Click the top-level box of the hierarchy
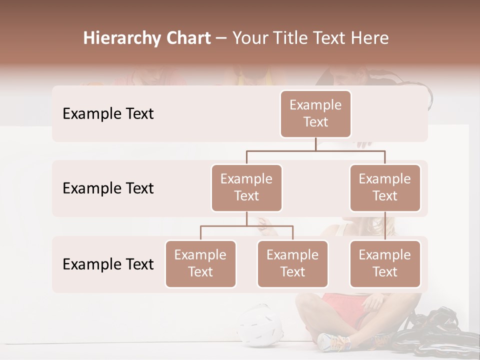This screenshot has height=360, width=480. [x=315, y=114]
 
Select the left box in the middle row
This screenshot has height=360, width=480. [x=246, y=188]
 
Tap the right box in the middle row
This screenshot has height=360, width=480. [x=385, y=188]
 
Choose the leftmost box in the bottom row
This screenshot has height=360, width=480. [x=200, y=264]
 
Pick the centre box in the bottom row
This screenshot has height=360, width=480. [x=292, y=264]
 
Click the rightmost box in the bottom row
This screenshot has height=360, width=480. [x=385, y=264]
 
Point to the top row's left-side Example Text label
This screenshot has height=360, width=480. [x=108, y=114]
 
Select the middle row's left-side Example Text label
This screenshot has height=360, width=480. [x=108, y=188]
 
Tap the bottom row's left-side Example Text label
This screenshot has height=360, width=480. [x=108, y=264]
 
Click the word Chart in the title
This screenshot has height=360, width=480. [x=189, y=38]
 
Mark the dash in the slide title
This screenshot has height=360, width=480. [x=221, y=38]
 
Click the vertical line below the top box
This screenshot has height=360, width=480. [x=315, y=144]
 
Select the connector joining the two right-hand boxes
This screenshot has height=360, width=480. [x=385, y=226]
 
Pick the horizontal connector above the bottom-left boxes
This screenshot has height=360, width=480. [x=246, y=226]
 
